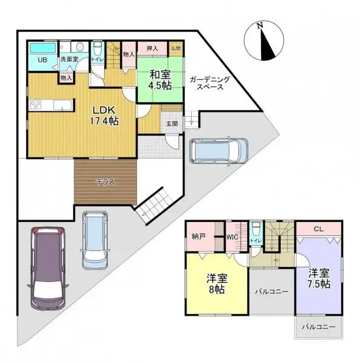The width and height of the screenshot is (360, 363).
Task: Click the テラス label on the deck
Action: tap(105, 181)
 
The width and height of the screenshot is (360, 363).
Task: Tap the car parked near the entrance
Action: tap(218, 151)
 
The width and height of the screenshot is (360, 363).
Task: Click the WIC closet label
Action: tap(233, 237)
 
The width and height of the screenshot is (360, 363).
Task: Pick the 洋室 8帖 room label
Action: tap(216, 284)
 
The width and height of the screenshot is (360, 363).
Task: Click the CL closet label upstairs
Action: tap(318, 229)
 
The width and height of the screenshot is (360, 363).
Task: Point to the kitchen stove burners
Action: tap(36, 106)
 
